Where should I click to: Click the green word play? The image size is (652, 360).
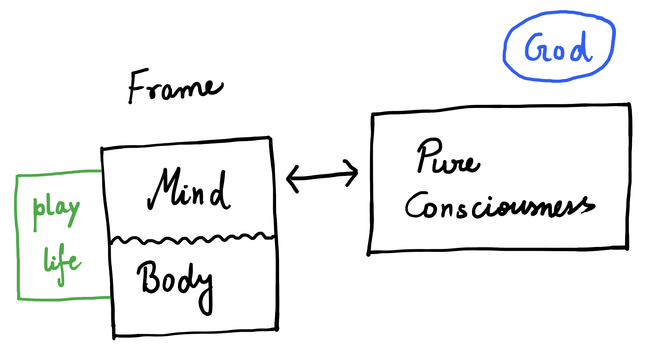[56, 210]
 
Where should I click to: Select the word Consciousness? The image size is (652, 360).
[500, 207]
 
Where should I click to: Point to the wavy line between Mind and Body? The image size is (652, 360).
[192, 239]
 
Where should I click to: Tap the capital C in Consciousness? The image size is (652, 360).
[416, 206]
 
